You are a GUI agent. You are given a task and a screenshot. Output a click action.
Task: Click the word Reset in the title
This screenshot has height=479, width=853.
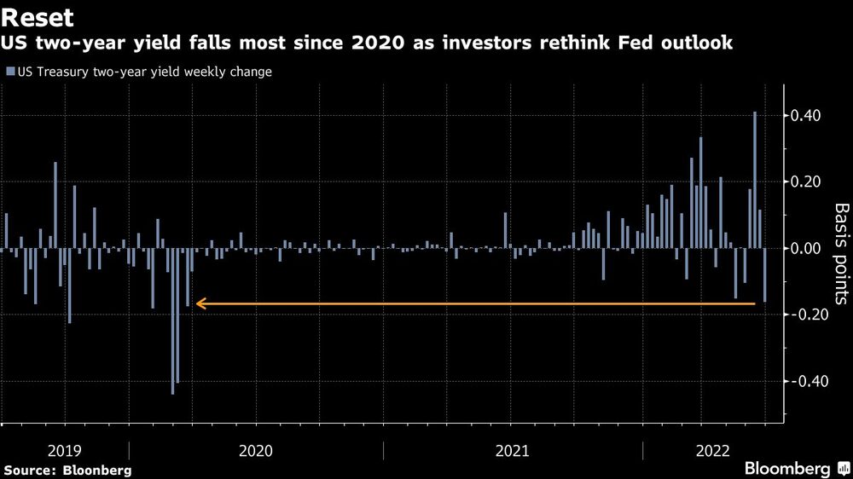pos(38,18)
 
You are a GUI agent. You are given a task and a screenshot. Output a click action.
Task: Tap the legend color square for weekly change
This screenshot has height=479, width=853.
pos(9,72)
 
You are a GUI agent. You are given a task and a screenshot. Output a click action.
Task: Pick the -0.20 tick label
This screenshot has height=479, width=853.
pos(808,315)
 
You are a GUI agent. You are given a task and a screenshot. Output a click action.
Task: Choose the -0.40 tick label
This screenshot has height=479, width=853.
pos(808,382)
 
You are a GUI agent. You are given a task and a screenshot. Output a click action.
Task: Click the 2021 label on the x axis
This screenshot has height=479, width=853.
pos(512,450)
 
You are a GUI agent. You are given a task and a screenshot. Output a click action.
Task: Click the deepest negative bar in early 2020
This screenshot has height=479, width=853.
pos(173,320)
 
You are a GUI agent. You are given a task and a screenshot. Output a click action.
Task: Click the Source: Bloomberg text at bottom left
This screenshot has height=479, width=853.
pos(67,470)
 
